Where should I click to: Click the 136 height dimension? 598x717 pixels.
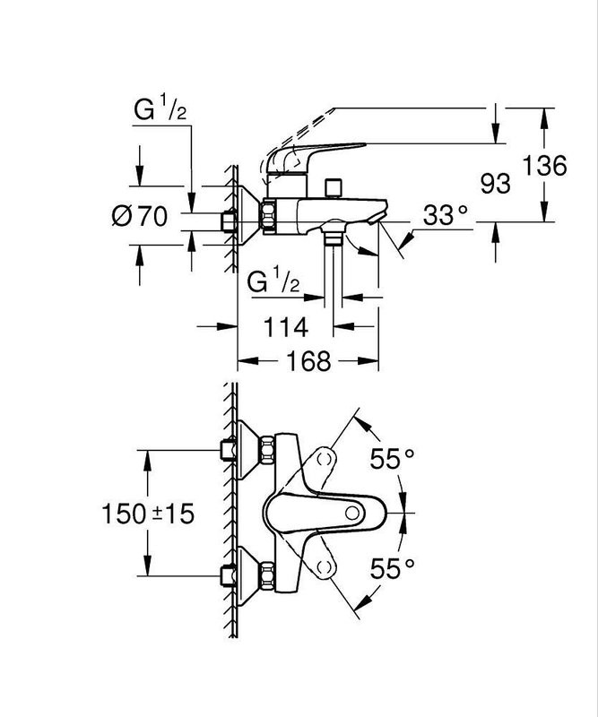(548, 167)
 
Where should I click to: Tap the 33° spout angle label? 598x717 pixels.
(445, 216)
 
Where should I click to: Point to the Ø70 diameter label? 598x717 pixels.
(140, 216)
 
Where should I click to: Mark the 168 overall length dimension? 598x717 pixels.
(308, 361)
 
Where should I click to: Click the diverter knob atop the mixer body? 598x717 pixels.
(335, 187)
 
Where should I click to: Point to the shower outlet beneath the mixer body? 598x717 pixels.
(334, 238)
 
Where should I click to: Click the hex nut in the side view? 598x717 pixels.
(268, 217)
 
